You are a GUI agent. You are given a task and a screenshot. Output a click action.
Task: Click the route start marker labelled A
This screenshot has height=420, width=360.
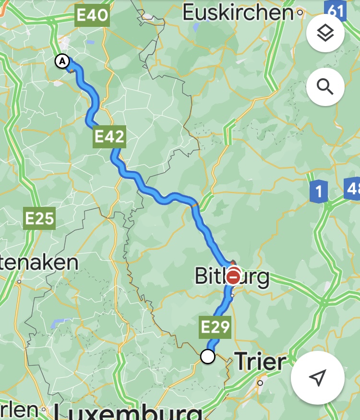coord(62,61)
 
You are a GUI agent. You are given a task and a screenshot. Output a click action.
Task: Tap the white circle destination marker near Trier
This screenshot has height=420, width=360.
coord(207,357)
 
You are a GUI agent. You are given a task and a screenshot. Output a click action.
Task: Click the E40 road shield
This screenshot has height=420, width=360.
coord(92,16)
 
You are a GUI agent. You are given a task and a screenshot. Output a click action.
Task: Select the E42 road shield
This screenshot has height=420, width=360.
coord(109,137)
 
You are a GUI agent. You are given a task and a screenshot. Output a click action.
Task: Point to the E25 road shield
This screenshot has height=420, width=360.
coord(40,219)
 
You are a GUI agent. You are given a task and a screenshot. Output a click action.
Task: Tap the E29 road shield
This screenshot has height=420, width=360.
coord(215,327)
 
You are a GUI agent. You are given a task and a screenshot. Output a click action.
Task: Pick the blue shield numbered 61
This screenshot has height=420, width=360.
coord(336,10)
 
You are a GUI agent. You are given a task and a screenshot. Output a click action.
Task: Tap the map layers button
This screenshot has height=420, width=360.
coord(325,33)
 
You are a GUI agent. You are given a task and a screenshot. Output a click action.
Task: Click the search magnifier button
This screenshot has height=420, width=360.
coord(325,87)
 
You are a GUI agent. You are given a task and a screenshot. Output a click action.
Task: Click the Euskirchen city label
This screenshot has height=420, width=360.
coord(238,12)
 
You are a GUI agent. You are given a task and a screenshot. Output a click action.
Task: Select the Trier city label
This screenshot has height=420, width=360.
coord(260,361)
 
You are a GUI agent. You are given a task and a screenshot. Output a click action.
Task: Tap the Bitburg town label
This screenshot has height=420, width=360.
coord(232,276)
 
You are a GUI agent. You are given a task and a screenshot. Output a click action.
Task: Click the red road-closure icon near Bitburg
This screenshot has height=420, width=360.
coord(233,276)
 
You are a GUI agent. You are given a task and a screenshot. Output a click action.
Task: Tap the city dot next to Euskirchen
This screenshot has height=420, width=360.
coord(300,12)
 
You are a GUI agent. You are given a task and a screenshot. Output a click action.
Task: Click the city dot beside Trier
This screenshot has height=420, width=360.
coord(260,383)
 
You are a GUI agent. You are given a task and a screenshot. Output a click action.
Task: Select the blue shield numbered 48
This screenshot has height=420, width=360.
coord(353,189)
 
